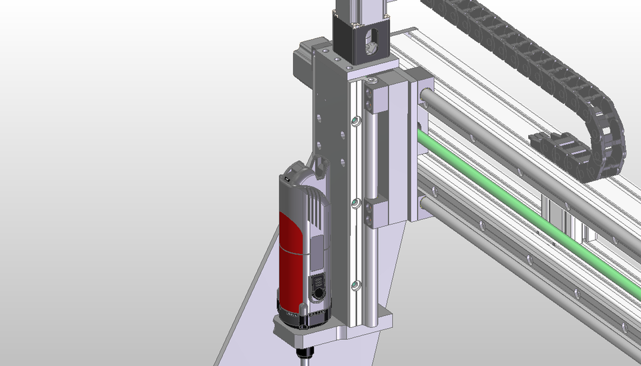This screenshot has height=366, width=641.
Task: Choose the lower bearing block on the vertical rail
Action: coord(377,209)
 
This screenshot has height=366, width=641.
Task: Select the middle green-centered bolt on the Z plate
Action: coord(357,201)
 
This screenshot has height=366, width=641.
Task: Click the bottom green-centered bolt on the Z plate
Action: coord(357,285)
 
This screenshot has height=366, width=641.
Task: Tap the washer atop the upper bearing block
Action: coord(372,81)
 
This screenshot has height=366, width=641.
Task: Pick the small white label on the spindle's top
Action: coord(287,179)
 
